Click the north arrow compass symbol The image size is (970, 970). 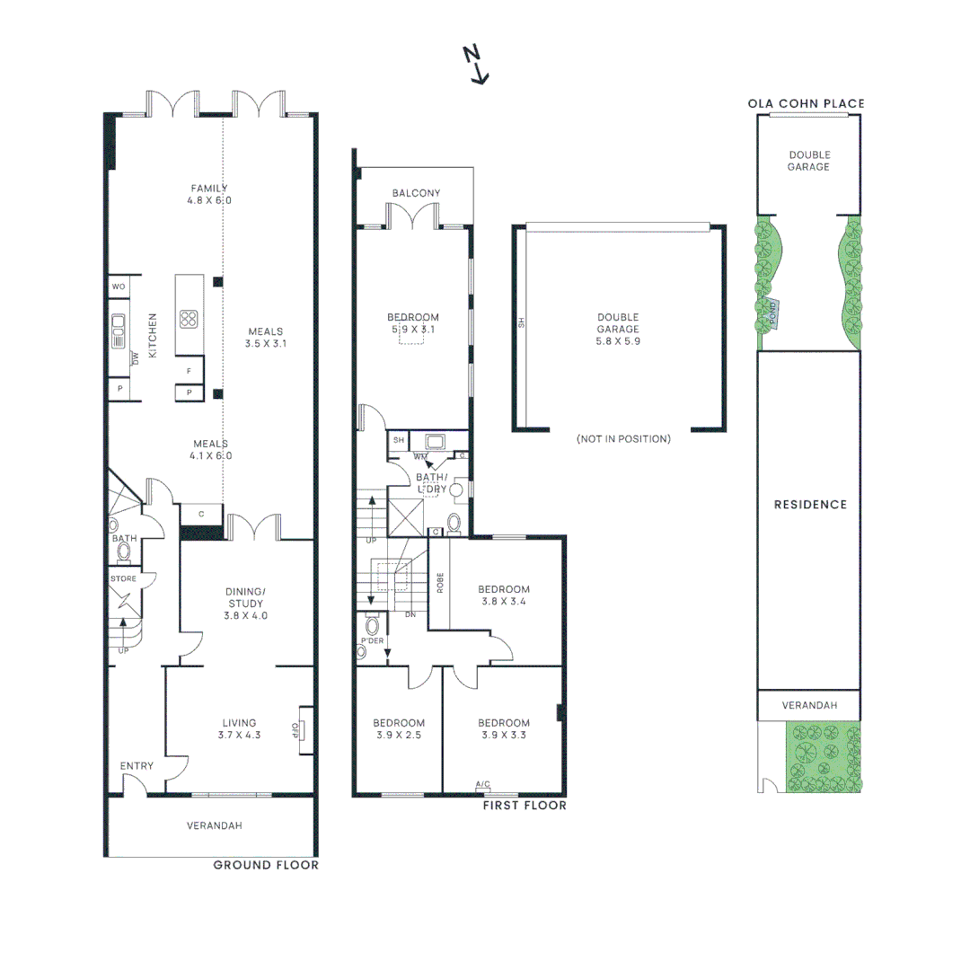click(x=476, y=65)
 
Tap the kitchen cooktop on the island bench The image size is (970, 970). click(x=189, y=319)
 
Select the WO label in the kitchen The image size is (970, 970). click(x=119, y=287)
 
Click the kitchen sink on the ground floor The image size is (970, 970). click(x=118, y=330)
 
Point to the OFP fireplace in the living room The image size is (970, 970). click(x=300, y=728)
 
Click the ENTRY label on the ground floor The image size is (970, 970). click(x=137, y=766)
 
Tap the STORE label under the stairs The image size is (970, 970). click(x=123, y=578)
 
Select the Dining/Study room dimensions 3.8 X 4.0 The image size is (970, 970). click(x=246, y=616)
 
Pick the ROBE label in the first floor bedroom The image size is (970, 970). click(x=439, y=583)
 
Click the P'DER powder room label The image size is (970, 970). click(x=372, y=641)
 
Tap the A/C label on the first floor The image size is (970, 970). click(x=482, y=785)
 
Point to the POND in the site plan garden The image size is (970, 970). click(x=771, y=313)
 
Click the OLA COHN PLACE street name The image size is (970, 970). click(x=806, y=103)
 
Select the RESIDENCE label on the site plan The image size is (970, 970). click(x=810, y=505)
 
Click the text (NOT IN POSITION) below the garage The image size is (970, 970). click(x=623, y=439)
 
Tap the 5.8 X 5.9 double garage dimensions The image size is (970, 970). click(x=618, y=341)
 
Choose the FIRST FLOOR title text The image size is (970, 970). click(x=525, y=806)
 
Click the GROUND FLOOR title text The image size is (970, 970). click(x=265, y=865)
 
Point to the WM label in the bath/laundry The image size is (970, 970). click(x=419, y=456)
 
